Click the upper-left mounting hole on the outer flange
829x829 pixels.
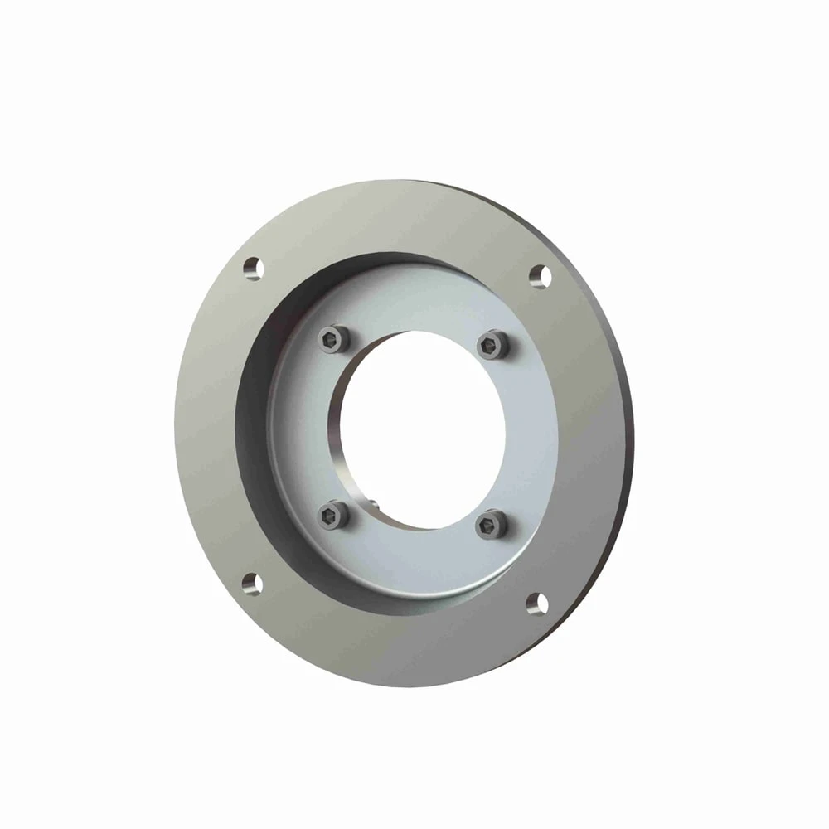point(253,268)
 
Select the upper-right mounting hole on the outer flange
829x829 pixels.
point(540,275)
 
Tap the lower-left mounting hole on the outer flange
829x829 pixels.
point(252,583)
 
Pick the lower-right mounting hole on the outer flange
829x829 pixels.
point(537,603)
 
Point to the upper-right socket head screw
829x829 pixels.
point(494,343)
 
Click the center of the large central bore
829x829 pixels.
point(423,429)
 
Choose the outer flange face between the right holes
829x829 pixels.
point(584,439)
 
